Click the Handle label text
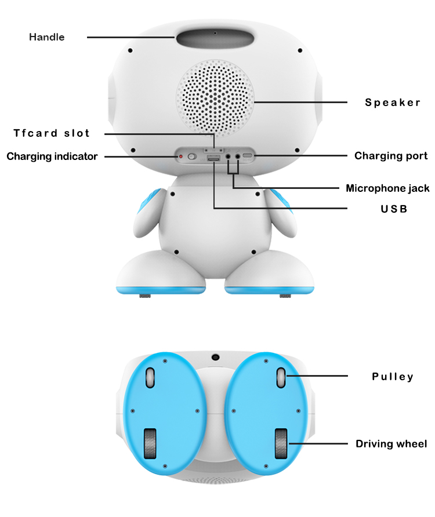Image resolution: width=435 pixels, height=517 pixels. point(47,37)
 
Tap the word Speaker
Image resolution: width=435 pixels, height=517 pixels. point(393,103)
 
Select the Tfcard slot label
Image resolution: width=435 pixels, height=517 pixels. point(52,133)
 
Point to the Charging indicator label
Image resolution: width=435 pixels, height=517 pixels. point(52,156)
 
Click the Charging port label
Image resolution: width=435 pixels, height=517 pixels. point(391,156)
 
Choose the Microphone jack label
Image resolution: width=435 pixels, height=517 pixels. point(387,188)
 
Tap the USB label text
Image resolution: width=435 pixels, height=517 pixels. point(394,208)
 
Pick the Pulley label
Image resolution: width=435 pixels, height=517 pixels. point(393,377)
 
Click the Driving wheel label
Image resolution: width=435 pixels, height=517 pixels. point(391,444)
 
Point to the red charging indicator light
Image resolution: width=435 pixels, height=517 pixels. point(180,156)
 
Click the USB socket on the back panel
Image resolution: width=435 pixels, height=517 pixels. point(213,158)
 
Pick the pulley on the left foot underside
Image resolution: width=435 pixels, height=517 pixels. point(150,377)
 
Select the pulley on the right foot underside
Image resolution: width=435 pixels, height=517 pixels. point(281,377)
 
